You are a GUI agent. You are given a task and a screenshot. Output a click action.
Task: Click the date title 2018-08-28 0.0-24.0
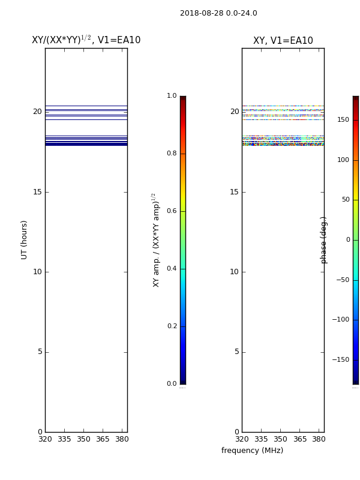click(218, 13)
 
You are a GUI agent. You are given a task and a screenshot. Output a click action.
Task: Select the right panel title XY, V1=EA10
click(283, 40)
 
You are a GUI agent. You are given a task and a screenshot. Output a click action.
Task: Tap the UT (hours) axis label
click(24, 240)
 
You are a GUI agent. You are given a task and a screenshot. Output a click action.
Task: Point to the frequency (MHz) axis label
click(252, 451)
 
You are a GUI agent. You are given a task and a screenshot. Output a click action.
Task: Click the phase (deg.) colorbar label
click(323, 241)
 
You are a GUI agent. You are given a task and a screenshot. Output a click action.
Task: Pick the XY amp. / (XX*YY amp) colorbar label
click(156, 241)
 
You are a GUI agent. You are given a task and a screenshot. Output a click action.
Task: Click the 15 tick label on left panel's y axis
click(37, 192)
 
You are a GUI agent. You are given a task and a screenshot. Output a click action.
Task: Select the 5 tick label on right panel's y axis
click(236, 352)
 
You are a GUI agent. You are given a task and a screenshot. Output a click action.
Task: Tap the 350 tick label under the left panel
click(83, 439)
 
